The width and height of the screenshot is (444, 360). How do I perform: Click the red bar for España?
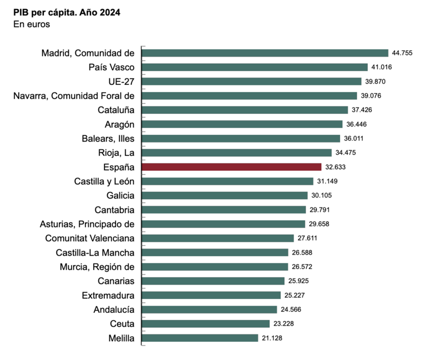tap(231, 167)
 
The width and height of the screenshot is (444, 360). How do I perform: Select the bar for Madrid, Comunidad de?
tap(265, 53)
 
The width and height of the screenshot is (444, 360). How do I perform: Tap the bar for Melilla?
tap(200, 338)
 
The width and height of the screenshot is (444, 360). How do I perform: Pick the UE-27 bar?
tap(251, 82)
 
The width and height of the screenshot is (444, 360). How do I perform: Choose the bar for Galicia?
tap(225, 195)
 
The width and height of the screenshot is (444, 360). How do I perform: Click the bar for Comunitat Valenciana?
tap(218, 238)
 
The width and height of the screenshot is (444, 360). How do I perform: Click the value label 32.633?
tap(335, 167)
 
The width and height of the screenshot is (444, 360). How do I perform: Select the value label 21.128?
tap(273, 338)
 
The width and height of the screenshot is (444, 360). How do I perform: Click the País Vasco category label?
tap(112, 67)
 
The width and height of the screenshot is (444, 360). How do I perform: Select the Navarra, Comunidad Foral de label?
tap(74, 95)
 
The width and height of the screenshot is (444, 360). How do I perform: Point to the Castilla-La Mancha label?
tap(95, 252)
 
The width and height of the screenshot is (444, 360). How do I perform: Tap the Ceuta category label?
tap(123, 323)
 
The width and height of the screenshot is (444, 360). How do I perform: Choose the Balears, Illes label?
tap(104, 138)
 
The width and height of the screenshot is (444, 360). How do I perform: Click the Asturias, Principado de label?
tap(87, 224)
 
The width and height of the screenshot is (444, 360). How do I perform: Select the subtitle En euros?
tap(32, 24)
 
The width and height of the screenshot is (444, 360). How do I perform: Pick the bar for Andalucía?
tap(209, 310)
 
